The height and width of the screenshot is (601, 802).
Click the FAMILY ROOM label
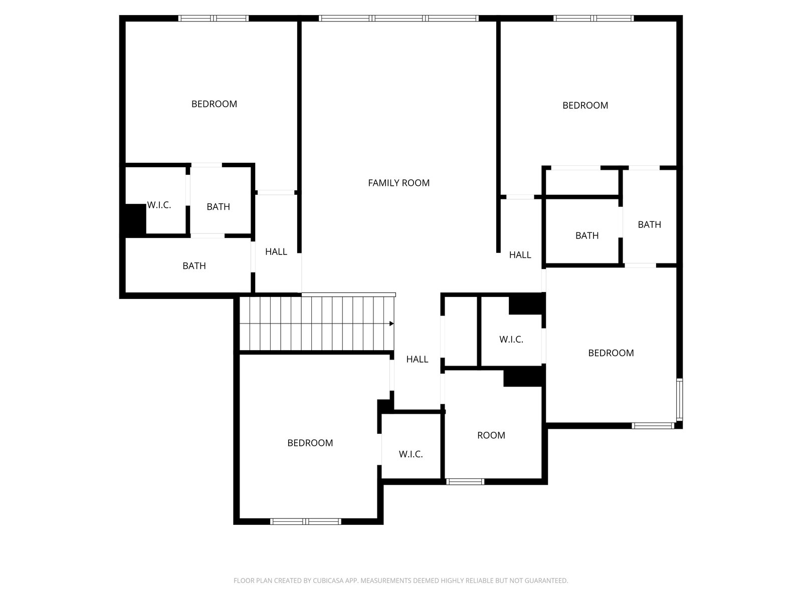[398, 183]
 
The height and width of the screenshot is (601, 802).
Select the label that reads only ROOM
[491, 435]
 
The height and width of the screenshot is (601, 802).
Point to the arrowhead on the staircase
[391, 324]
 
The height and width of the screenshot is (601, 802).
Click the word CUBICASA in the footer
[326, 580]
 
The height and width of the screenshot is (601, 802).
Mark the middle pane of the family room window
[399, 18]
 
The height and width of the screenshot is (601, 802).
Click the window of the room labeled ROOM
[465, 482]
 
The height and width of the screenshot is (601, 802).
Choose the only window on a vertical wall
[679, 399]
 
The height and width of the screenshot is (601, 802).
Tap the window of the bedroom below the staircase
[305, 521]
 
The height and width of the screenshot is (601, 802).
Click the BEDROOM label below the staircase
[310, 443]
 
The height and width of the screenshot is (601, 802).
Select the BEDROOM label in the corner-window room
[611, 353]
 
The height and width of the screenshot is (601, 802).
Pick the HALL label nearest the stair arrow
[417, 360]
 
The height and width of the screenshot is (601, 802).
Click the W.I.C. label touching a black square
[159, 205]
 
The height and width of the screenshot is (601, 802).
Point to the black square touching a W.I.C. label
[135, 219]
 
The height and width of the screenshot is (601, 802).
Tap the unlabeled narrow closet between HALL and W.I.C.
[461, 332]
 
